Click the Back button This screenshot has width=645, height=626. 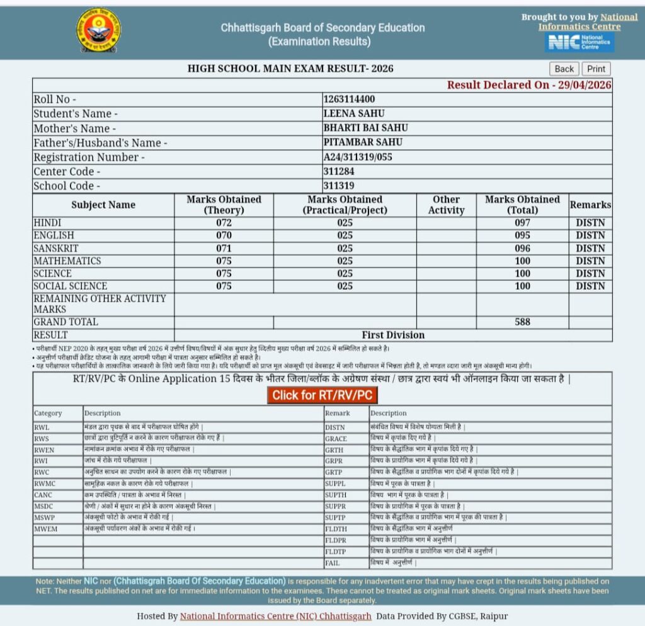coord(564,69)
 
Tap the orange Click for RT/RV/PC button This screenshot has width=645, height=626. coord(322,395)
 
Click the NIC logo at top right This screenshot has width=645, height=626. coord(579,42)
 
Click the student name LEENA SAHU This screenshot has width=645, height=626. coord(353,114)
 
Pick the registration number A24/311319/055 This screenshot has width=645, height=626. coord(358,157)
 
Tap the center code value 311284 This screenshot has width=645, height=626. coord(339,171)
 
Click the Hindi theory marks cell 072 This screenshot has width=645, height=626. coord(224,223)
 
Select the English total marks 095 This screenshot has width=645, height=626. coord(522,236)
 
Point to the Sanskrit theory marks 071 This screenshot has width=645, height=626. coord(224,248)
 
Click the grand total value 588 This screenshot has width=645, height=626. coord(522,322)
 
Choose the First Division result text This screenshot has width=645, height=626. coord(393,335)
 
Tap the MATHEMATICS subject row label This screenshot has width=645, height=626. coord(67,261)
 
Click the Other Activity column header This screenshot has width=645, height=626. coord(446,205)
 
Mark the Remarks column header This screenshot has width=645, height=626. coord(590,205)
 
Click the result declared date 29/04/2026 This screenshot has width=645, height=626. coord(585,85)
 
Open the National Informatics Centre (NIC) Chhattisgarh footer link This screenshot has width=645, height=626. coord(276,616)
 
